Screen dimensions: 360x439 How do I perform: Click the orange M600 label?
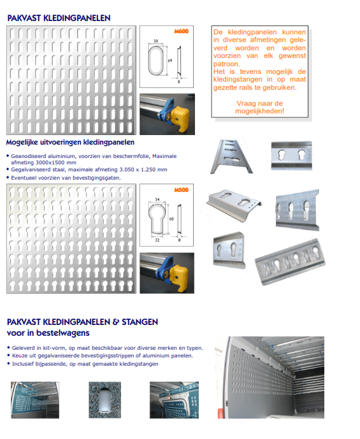tap(181, 31)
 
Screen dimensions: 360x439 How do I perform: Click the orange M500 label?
tap(181, 190)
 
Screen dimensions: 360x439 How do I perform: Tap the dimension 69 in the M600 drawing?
tap(170, 61)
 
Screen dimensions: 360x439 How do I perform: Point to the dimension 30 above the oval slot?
tap(155, 41)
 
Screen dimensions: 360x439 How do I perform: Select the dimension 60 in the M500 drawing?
tap(171, 219)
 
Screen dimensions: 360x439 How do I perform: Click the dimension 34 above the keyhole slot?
tap(157, 199)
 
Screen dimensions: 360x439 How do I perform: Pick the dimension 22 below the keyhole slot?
tap(157, 240)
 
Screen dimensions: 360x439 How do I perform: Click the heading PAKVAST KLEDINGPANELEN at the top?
tap(59, 18)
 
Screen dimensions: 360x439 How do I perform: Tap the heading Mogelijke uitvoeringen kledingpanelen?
tap(70, 142)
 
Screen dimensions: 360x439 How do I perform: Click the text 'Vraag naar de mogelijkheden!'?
tap(259, 107)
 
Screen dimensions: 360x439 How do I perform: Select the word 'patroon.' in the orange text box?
tap(226, 64)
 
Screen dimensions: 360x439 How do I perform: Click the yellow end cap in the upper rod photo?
tap(180, 119)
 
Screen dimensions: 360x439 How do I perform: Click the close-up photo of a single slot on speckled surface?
tap(105, 400)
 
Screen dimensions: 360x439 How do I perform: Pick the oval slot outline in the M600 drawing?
tap(154, 61)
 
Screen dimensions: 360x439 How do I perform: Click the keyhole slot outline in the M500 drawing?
tap(156, 219)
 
